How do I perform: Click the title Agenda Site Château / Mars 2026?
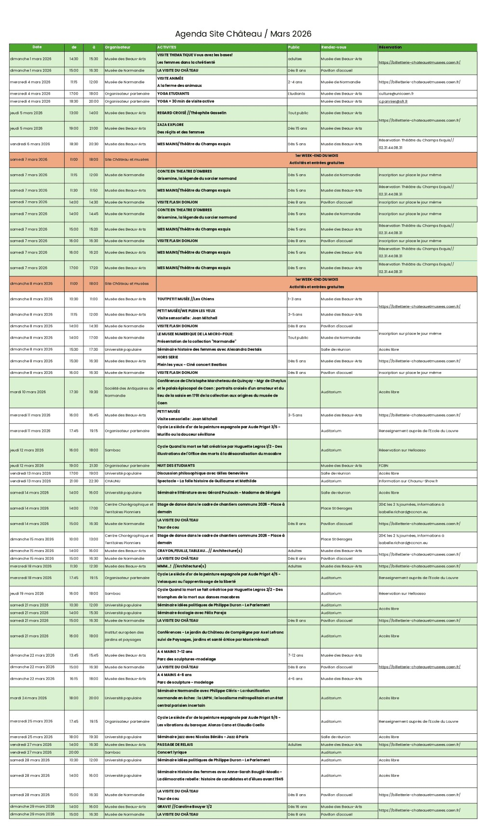243,34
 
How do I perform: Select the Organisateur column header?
118,47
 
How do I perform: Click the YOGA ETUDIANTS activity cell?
173,94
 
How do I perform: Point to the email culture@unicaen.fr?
396,94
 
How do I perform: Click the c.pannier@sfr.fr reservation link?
393,101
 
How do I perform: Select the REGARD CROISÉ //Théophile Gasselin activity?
191,113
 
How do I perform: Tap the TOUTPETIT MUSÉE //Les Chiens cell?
186,299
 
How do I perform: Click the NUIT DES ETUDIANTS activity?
176,466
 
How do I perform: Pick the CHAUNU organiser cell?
112,481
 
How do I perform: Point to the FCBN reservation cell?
383,466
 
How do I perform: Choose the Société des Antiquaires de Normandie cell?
129,392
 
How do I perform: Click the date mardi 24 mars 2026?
28,698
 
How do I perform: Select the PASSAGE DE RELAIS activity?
175,744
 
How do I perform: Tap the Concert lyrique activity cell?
172,752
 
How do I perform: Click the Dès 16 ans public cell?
297,806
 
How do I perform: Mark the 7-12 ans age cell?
296,655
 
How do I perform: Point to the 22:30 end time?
94,481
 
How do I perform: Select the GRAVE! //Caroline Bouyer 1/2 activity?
184,806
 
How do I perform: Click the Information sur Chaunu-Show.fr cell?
408,481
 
